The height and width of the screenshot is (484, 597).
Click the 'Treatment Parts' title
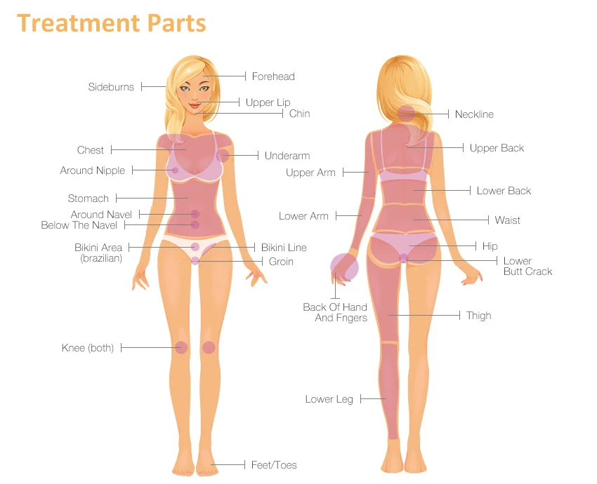point(112,22)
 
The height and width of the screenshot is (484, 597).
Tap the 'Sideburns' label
point(111,87)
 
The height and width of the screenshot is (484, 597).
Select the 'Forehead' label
point(273,76)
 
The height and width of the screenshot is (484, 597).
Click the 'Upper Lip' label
point(268,102)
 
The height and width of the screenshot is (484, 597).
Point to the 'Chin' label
point(299,114)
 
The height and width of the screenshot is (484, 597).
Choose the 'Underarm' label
point(287,156)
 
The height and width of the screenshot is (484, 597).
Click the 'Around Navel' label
point(101,215)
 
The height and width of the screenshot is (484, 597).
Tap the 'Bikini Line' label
point(284,248)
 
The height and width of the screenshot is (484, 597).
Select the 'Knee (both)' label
point(88,348)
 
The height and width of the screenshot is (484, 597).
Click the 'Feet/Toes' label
point(274,465)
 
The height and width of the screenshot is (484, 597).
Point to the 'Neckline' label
point(474,114)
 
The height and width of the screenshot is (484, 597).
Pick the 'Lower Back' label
point(504,191)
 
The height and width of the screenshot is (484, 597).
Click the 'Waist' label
point(507,220)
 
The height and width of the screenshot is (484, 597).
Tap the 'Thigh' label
point(478,316)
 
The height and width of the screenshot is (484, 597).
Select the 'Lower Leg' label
point(329,399)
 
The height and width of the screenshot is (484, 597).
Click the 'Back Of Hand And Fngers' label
point(335,313)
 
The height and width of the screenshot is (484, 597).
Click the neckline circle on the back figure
point(407,113)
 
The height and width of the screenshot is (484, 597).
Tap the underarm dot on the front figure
point(223,156)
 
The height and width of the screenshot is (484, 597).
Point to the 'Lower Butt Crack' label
point(527,267)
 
